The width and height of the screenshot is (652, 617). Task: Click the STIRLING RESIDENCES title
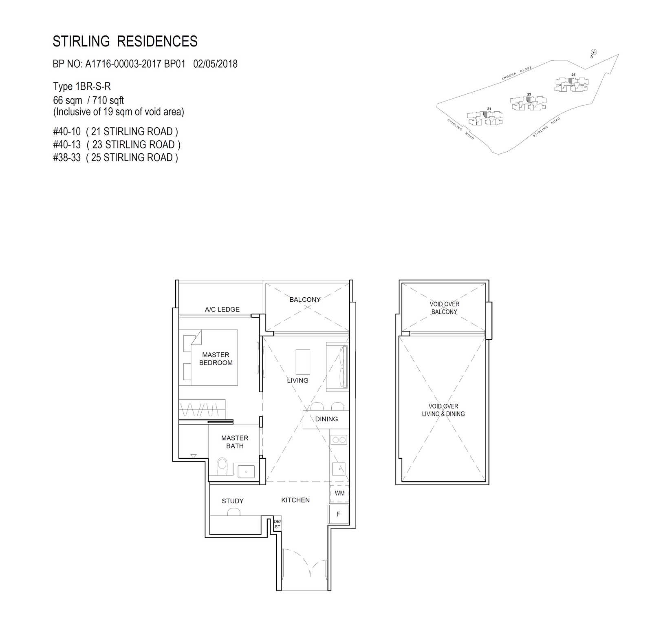point(125,41)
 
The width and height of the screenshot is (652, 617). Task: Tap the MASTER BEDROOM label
point(216,359)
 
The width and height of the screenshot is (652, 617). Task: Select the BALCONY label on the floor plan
point(305,299)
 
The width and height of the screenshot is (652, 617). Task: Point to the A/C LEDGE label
point(222,310)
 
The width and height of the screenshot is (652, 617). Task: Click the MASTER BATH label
point(235,442)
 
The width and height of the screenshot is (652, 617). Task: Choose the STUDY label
point(233,501)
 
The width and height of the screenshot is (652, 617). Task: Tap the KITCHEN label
point(295,500)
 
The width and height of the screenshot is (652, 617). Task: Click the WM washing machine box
point(339,493)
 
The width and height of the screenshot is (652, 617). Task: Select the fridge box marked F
point(338,514)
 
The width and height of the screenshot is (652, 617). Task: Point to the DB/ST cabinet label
point(277,524)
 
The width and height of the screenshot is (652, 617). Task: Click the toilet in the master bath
point(222,467)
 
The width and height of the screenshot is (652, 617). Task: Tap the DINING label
point(326,419)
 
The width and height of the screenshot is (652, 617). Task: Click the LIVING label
point(297,380)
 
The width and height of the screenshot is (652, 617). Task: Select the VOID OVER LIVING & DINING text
point(443,410)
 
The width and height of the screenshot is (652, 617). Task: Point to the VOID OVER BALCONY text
point(444,308)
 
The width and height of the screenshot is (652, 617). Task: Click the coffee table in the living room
point(303,362)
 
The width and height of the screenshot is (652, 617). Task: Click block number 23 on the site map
point(529,95)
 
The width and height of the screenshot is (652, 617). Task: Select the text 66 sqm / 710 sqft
point(88,100)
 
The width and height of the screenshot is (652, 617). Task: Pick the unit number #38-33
point(67,157)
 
